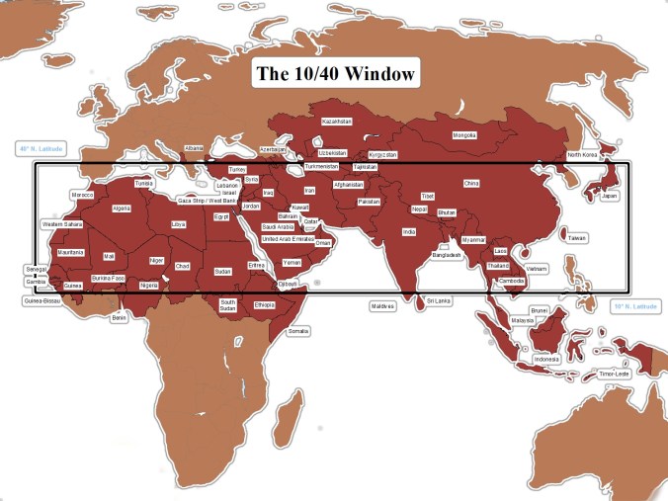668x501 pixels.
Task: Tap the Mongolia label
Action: tap(464, 135)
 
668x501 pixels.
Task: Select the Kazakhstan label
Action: tap(337, 122)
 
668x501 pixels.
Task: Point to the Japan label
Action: tap(610, 196)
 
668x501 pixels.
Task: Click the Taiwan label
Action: tap(576, 237)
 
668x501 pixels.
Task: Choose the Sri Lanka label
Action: tap(438, 299)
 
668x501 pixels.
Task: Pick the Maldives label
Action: tap(382, 306)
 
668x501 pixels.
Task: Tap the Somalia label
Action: tap(297, 331)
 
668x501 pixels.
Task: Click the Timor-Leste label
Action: tap(614, 374)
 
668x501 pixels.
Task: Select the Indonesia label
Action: tap(546, 359)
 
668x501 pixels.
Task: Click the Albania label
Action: tap(194, 148)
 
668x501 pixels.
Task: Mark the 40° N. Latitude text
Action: tap(41, 149)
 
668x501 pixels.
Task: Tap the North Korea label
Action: tap(583, 155)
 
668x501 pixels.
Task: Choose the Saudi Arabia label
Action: tap(278, 226)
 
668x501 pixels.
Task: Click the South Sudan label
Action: tap(228, 304)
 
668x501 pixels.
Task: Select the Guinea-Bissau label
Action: tap(42, 299)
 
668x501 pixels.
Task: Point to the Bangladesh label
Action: tap(447, 255)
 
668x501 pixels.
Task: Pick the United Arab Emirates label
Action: tap(288, 239)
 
